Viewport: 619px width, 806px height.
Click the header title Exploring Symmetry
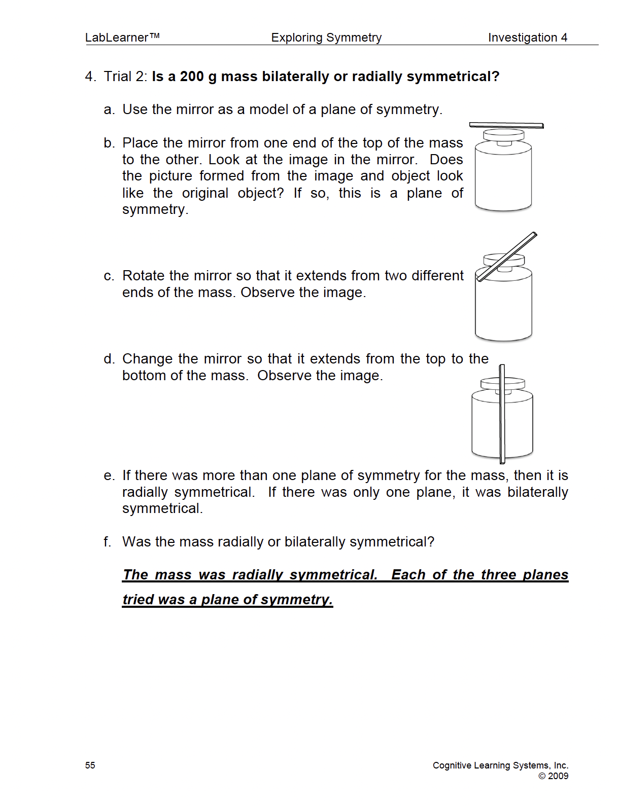click(x=326, y=38)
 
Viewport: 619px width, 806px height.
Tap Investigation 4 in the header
click(x=527, y=38)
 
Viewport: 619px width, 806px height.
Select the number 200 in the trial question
click(x=191, y=77)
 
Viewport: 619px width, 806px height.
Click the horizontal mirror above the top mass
click(x=506, y=125)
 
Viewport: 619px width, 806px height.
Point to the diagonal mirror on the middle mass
click(x=506, y=257)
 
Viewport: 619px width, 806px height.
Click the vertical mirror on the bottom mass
click(x=502, y=413)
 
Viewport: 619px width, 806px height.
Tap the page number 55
click(x=90, y=765)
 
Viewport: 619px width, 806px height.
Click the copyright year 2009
click(x=558, y=776)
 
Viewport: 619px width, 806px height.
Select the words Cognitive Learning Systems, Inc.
click(x=500, y=765)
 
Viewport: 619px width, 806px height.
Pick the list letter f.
click(x=107, y=542)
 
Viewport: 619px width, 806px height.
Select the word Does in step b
click(x=446, y=160)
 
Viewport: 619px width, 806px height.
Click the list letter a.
click(x=109, y=110)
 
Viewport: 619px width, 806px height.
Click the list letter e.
click(x=109, y=476)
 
